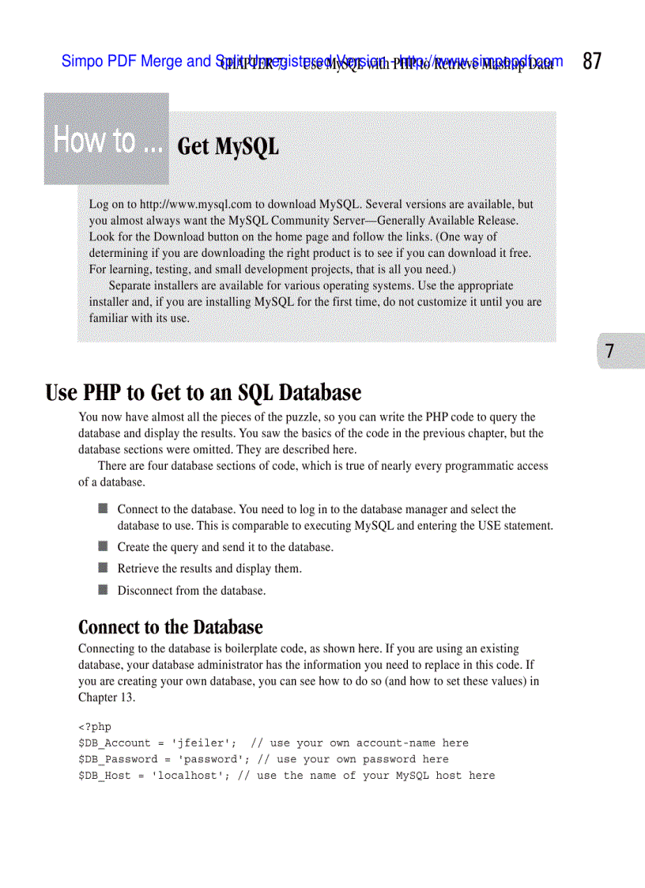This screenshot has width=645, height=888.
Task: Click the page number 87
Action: pos(592,62)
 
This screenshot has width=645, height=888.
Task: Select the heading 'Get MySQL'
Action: pos(228,147)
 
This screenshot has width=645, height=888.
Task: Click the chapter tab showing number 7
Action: pos(609,351)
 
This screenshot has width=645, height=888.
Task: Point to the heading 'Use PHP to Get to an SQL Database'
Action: pos(203,393)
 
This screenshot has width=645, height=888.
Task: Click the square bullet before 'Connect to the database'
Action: pos(104,509)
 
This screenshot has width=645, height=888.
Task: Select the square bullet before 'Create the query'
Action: pos(104,546)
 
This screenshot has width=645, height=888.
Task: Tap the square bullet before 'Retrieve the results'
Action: pos(104,568)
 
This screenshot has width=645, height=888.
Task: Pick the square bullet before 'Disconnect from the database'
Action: pos(104,590)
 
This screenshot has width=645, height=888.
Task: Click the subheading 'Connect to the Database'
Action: pos(170,628)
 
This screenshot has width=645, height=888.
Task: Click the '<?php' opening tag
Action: pos(95,727)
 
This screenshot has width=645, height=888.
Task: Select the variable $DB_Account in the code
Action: pos(115,743)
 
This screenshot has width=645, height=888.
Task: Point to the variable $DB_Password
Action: pos(118,759)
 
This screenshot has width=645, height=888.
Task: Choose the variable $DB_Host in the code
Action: pos(104,776)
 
